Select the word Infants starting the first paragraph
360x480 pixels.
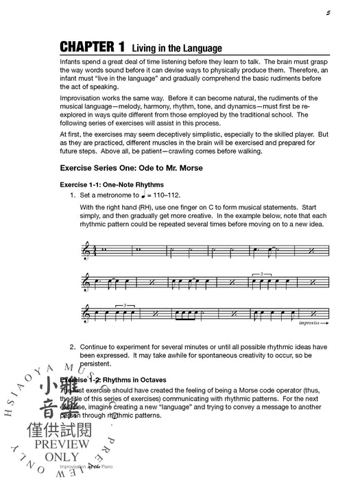(x=72, y=62)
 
